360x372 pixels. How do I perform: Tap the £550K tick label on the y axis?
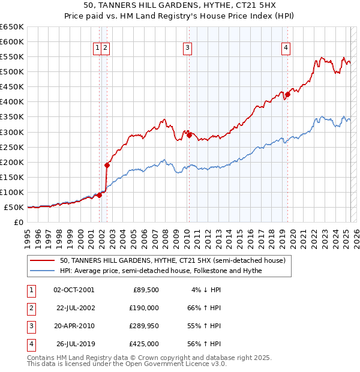point(12,56)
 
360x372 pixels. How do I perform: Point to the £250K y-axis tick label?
point(12,147)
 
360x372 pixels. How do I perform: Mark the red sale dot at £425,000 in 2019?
point(287,94)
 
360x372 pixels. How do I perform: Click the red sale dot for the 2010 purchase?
point(189,135)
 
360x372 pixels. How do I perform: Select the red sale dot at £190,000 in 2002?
point(107,165)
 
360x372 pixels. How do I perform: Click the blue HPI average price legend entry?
point(161,271)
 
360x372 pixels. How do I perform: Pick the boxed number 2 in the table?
point(30,308)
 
